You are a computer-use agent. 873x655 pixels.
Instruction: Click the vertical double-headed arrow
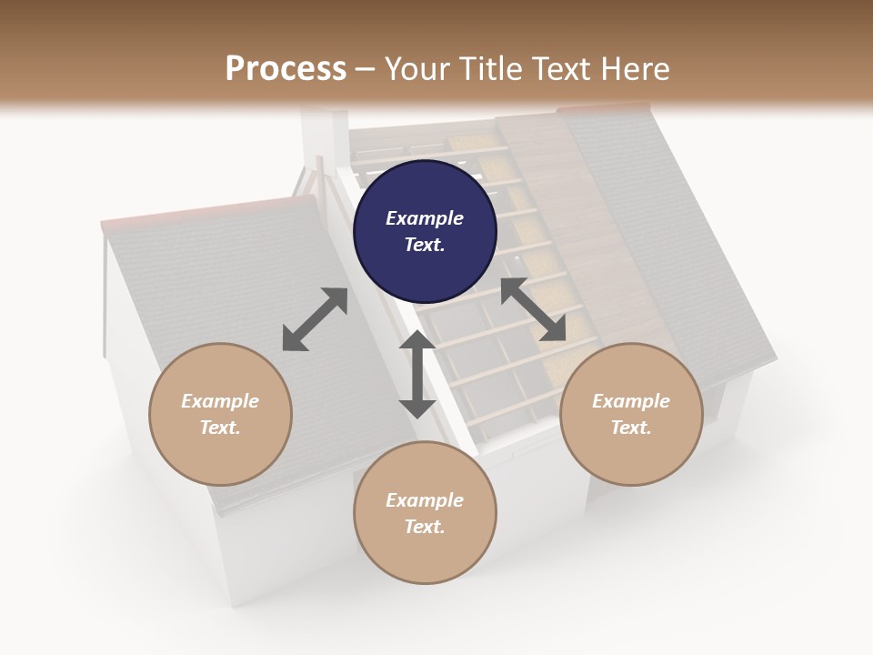tap(417, 374)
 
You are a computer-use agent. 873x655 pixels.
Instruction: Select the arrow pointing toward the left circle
tap(315, 319)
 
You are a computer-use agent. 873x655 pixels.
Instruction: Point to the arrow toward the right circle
tap(533, 310)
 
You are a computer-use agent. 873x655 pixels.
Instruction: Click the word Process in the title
tap(286, 68)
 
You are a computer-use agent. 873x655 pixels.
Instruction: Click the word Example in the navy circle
tap(425, 218)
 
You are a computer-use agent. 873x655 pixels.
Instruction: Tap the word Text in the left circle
tap(219, 428)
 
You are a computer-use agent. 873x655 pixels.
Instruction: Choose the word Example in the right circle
tap(631, 401)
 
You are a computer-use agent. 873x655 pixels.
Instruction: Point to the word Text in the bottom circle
tap(424, 527)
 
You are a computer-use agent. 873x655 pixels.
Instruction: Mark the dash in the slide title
tap(366, 69)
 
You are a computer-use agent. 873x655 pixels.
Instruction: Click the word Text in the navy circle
tap(424, 245)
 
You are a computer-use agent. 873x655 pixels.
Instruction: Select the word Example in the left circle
tap(220, 401)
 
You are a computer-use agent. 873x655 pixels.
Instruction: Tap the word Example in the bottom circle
tap(425, 500)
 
